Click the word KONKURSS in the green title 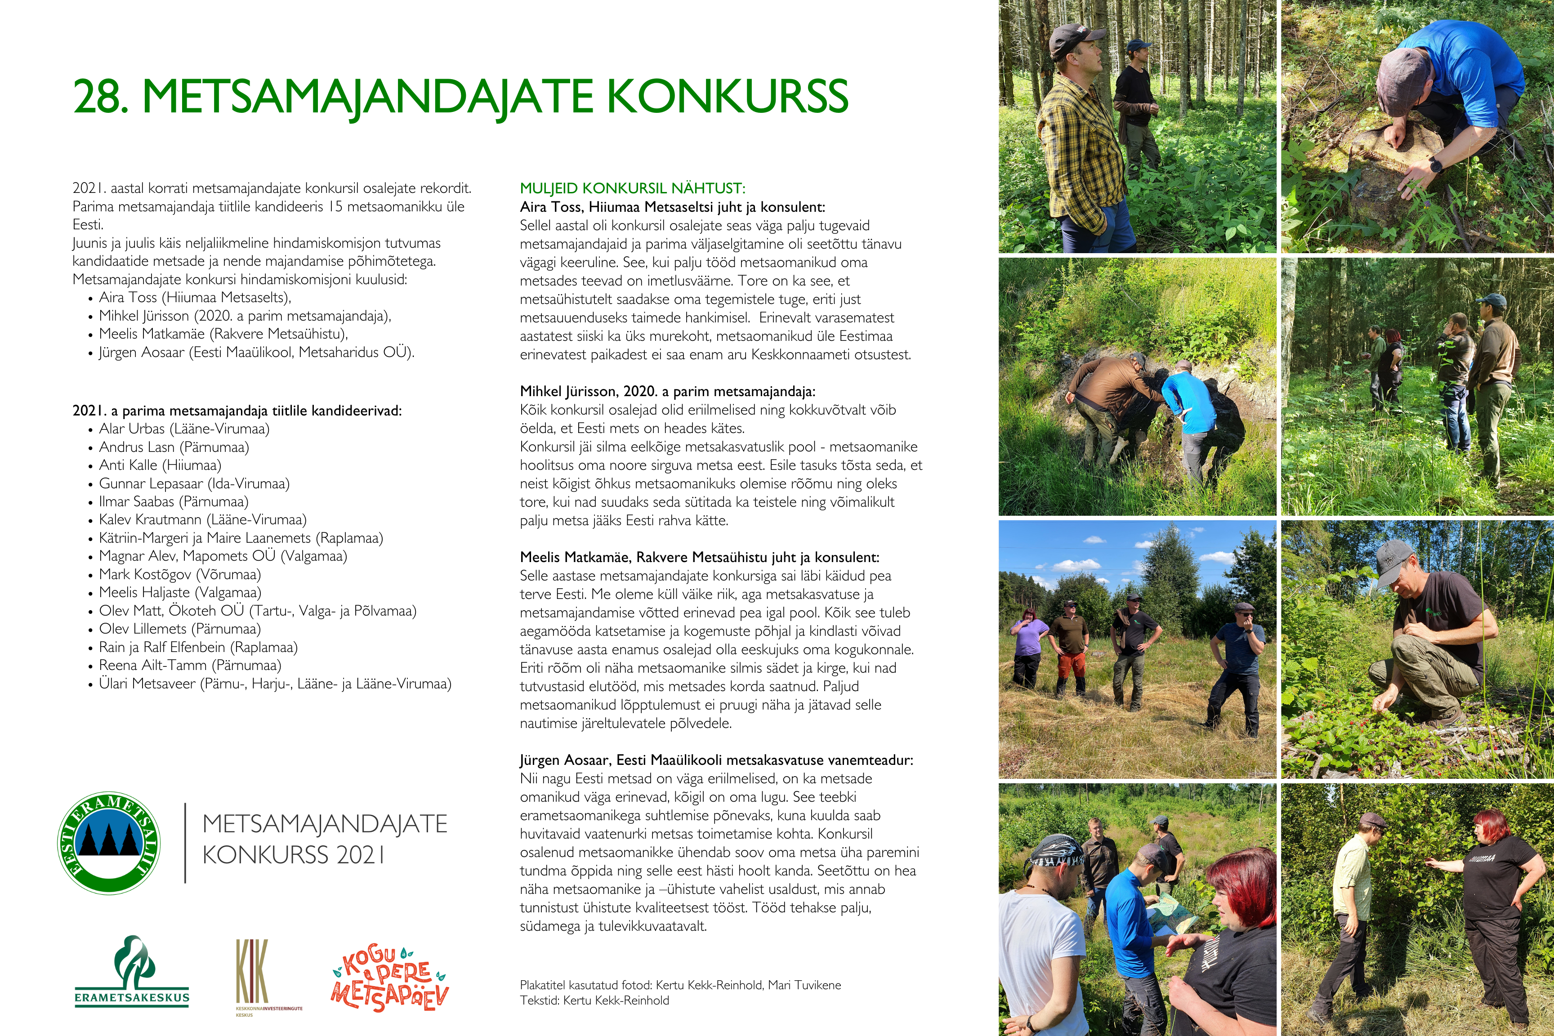pos(727,97)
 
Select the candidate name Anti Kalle pos(160,465)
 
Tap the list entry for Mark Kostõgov pos(180,574)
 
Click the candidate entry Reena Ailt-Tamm pos(190,665)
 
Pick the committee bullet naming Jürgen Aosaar pos(256,352)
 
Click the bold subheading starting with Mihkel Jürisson pos(667,391)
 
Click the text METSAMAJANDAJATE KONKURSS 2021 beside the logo pos(324,839)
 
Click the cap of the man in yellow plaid pos(1075,39)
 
